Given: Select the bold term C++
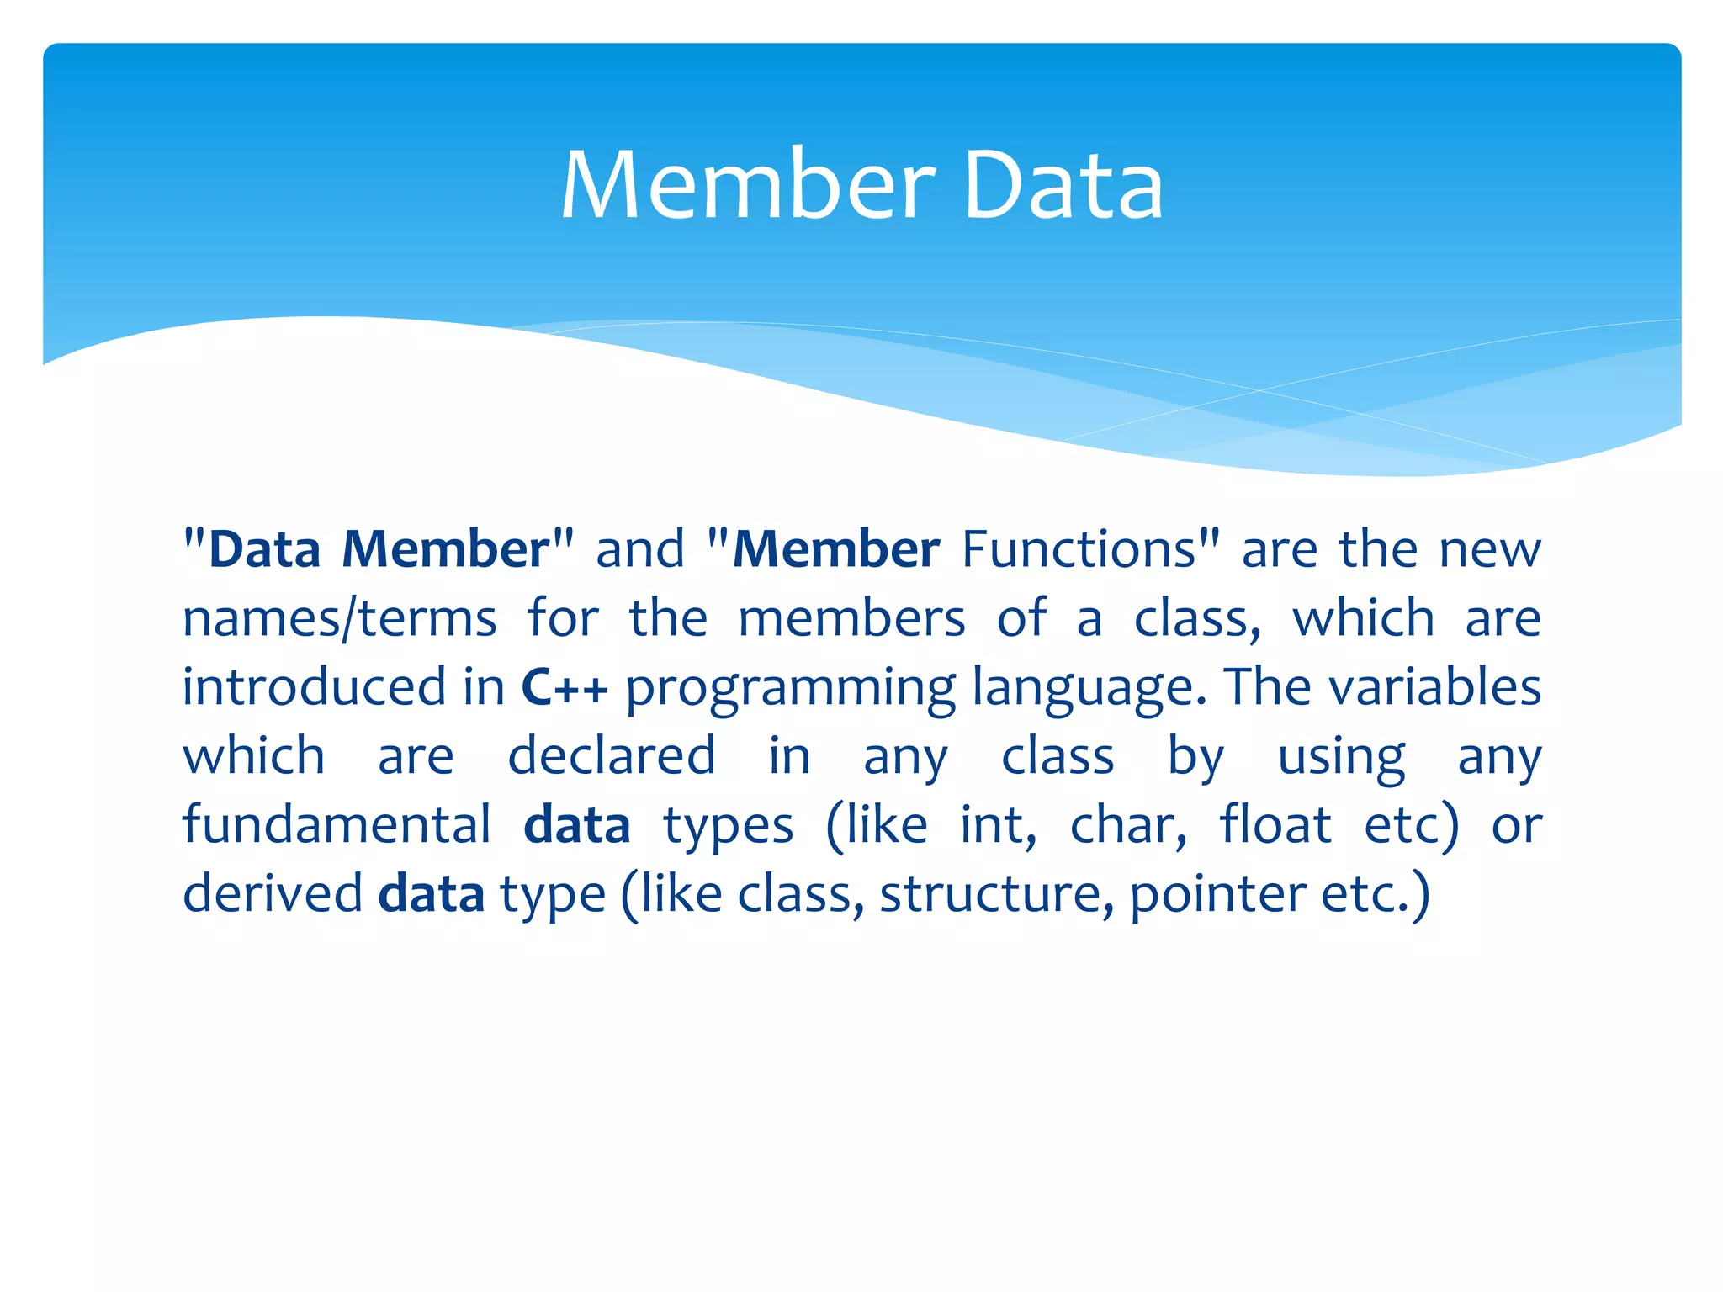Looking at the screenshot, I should [564, 687].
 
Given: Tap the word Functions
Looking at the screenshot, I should [1079, 550].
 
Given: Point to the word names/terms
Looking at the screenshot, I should [340, 619].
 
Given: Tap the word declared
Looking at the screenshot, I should [612, 755].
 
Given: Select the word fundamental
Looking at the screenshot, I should [337, 824].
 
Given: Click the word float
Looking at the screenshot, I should [1275, 824].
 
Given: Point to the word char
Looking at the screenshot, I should [1127, 824].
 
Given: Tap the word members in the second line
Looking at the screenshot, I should [851, 619].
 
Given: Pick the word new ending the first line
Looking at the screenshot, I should [1490, 550].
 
